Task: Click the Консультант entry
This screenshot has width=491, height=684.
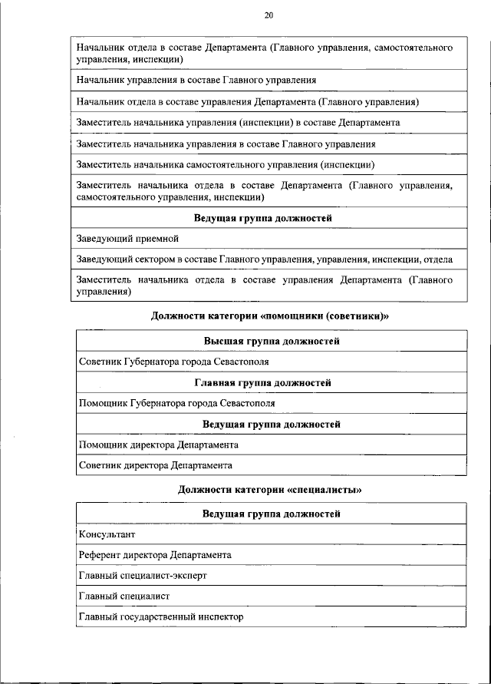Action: (107, 534)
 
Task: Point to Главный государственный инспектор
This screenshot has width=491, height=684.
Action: (160, 616)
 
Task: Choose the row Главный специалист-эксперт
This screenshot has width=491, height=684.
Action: (143, 575)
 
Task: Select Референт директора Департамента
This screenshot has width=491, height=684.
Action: (154, 554)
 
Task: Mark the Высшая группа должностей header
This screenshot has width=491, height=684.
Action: (272, 341)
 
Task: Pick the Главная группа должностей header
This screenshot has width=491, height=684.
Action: (272, 382)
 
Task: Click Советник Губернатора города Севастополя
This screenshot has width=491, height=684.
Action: (173, 362)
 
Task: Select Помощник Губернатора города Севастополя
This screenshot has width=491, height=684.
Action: (176, 403)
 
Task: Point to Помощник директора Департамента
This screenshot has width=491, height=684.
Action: (158, 444)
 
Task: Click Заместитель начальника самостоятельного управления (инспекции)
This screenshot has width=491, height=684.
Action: (226, 164)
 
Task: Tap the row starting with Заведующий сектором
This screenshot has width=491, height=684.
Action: (265, 259)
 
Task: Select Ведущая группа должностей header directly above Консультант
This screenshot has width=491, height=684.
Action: (272, 514)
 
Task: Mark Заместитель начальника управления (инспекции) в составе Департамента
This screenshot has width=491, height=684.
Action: (237, 123)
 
